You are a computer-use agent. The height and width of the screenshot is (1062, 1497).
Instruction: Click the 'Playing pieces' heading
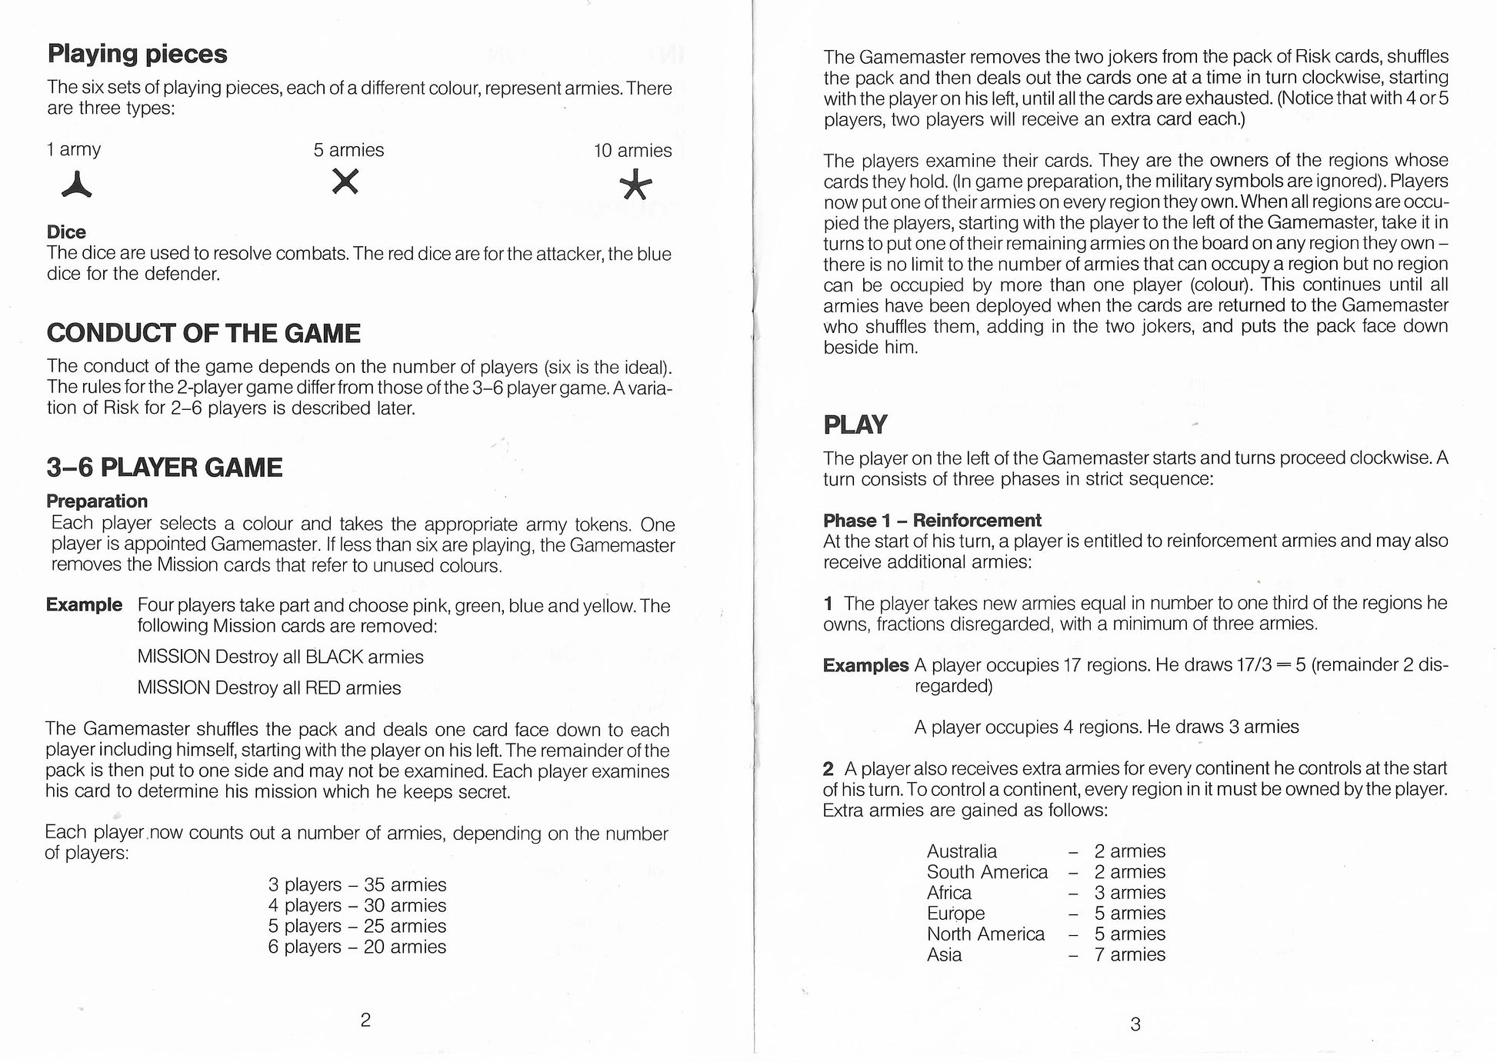(137, 54)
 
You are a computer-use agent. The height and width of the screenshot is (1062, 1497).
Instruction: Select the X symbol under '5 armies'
(345, 181)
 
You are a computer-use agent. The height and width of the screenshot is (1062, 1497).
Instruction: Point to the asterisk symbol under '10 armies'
(636, 185)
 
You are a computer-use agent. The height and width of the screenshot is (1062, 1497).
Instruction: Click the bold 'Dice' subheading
(66, 231)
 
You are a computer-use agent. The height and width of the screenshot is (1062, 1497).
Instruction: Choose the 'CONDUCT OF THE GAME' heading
(203, 333)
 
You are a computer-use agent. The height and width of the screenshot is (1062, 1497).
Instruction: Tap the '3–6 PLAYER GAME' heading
(164, 468)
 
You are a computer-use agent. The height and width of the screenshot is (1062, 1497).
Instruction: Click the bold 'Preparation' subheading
(97, 501)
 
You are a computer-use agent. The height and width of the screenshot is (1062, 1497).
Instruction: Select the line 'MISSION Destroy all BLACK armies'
(280, 657)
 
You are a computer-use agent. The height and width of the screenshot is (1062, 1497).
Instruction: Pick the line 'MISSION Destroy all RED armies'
(268, 687)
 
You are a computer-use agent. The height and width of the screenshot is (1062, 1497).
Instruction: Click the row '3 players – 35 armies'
(357, 884)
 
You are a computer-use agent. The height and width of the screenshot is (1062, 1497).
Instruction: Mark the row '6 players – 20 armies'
(357, 947)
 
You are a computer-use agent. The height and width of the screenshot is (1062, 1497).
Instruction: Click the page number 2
(365, 1020)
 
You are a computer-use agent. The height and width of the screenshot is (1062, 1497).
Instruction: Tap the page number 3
(1135, 1024)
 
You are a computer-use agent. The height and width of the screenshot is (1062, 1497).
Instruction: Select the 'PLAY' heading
(855, 424)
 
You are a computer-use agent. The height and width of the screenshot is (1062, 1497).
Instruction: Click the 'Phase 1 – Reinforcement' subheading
(932, 520)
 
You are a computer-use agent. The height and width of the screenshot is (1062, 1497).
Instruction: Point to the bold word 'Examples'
(865, 665)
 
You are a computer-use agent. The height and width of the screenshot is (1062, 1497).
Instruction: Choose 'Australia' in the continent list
(962, 851)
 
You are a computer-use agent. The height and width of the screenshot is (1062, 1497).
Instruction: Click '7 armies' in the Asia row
(1129, 954)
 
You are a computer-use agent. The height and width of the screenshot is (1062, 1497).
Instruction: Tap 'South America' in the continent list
(987, 872)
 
